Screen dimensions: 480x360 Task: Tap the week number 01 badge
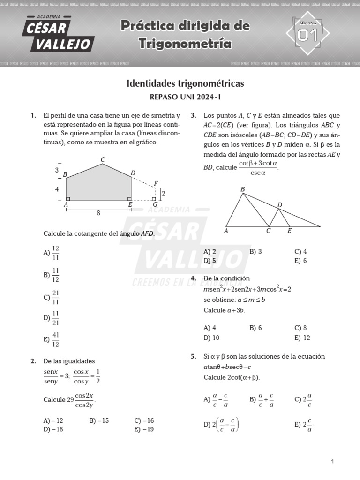click(x=307, y=34)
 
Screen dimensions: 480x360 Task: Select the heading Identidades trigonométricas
click(x=185, y=83)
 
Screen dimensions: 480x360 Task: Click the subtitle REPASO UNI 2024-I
click(x=185, y=97)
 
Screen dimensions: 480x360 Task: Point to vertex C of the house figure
click(x=103, y=160)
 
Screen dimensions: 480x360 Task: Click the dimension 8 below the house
click(x=98, y=213)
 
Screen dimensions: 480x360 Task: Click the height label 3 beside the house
click(x=57, y=170)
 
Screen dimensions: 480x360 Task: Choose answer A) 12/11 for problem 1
click(x=51, y=253)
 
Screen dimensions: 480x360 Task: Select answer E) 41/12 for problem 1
click(x=51, y=340)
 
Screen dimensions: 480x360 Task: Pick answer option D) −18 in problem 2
click(x=53, y=429)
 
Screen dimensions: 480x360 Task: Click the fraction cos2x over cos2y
click(x=84, y=400)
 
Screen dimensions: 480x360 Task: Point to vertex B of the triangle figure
click(x=242, y=189)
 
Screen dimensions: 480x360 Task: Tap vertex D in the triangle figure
click(x=280, y=205)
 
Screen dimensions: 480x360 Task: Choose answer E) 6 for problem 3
click(x=300, y=261)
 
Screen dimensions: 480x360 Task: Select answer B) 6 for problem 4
click(x=255, y=328)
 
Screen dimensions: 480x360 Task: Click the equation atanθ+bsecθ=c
click(x=227, y=367)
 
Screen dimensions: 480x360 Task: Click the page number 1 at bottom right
click(x=332, y=462)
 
